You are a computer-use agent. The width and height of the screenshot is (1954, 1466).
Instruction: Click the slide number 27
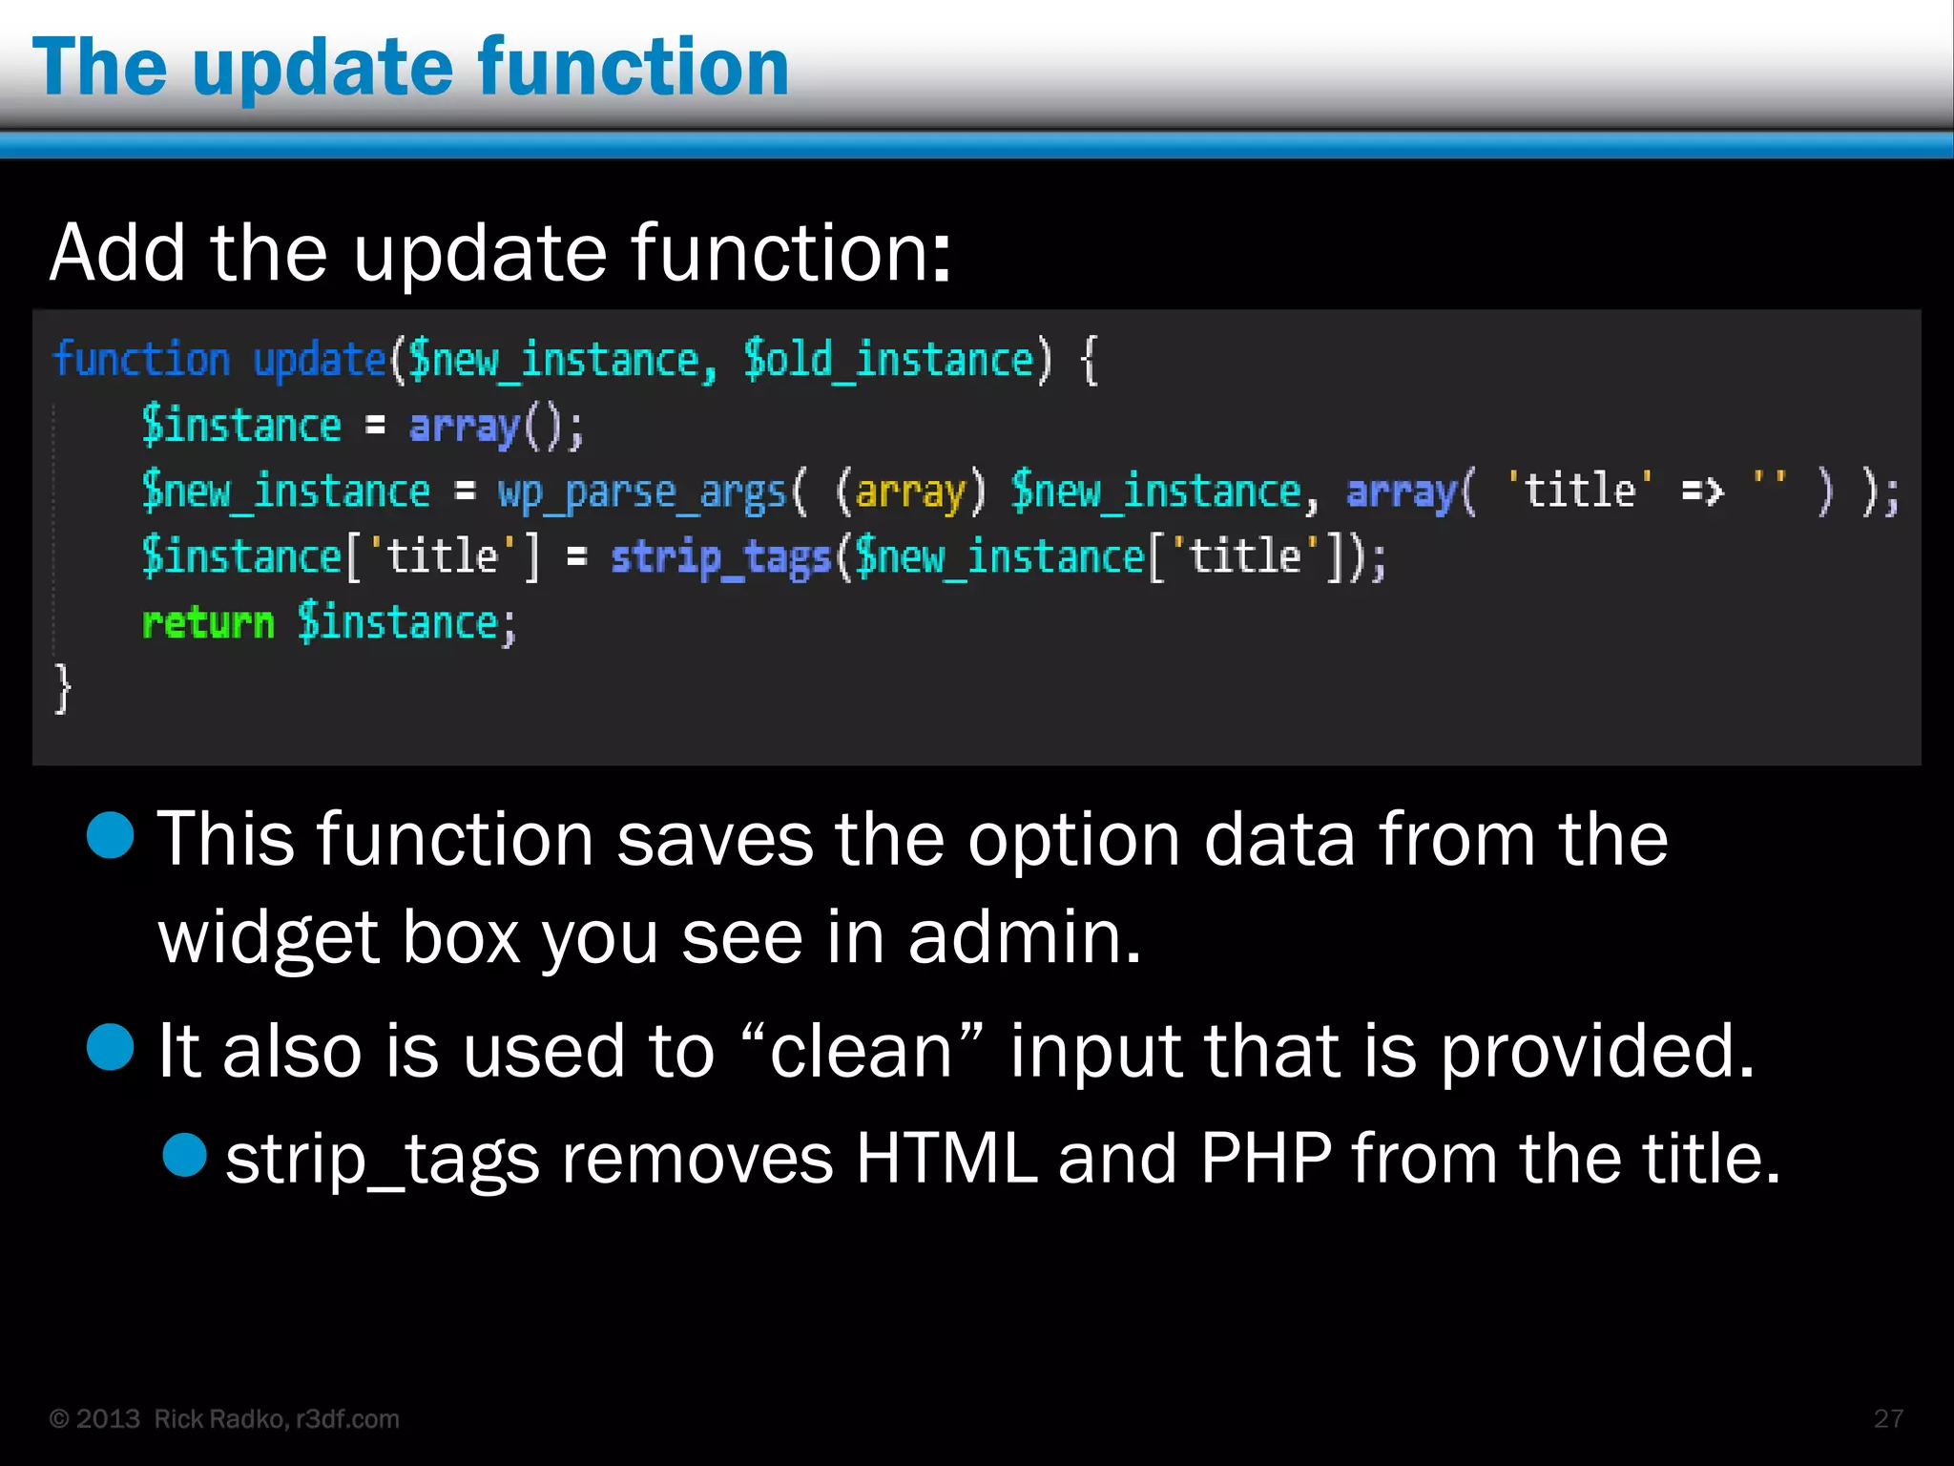click(x=1888, y=1418)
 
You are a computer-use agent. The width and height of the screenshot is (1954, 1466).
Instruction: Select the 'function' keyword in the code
click(x=141, y=361)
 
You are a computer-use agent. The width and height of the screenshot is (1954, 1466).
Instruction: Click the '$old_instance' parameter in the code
click(x=888, y=361)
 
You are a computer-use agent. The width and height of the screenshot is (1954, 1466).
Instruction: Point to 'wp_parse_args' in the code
click(x=641, y=492)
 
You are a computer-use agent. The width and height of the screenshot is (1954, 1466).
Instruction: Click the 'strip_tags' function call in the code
click(x=720, y=557)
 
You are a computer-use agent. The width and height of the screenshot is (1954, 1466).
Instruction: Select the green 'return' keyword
click(x=207, y=623)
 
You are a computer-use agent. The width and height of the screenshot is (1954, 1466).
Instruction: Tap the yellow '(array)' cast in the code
click(x=909, y=492)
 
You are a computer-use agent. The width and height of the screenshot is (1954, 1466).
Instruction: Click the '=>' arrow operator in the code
click(x=1702, y=492)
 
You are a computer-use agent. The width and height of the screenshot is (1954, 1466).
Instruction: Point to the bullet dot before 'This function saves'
click(x=111, y=836)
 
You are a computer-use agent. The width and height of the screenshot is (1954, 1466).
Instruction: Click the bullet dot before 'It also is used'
click(x=111, y=1047)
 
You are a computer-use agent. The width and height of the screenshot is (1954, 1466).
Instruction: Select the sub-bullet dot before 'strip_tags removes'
click(x=185, y=1155)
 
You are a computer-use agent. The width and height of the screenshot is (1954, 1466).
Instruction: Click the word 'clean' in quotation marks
click(x=861, y=1051)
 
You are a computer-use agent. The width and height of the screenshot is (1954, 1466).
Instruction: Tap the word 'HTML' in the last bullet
click(x=946, y=1159)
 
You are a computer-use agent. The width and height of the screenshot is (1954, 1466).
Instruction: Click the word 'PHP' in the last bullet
click(x=1265, y=1159)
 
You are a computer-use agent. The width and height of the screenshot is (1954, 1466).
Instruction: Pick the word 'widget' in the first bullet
click(x=268, y=937)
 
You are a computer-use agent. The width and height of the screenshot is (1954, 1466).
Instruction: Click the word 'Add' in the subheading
click(x=117, y=253)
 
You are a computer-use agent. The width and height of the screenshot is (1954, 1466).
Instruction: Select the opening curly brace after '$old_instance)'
click(x=1089, y=361)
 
